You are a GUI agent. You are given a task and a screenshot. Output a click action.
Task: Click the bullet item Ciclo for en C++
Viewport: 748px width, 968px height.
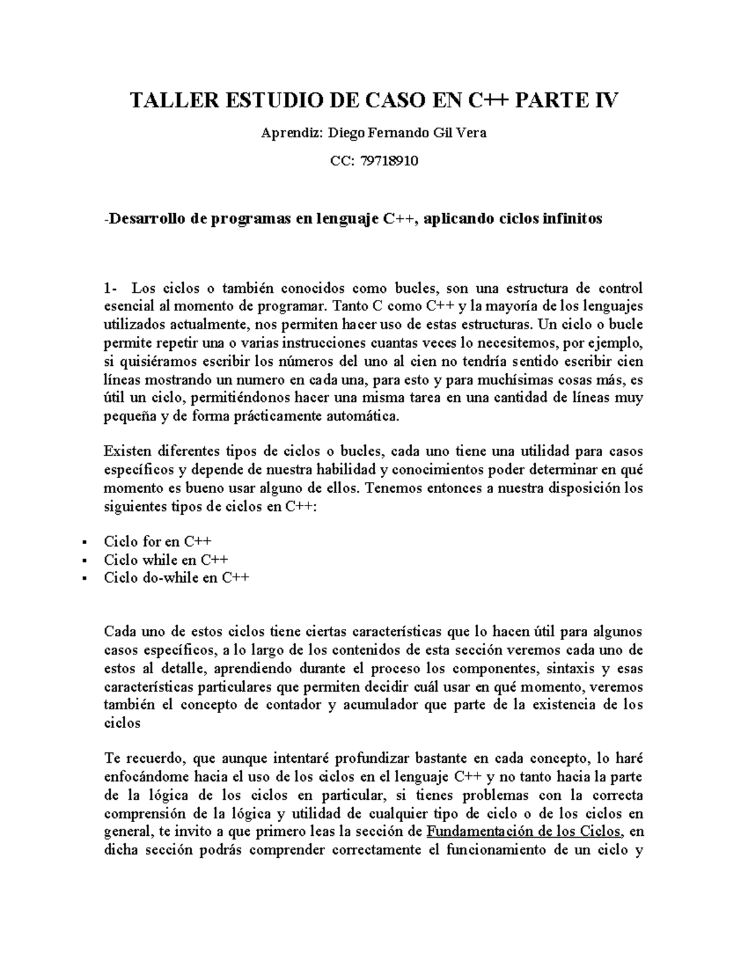pos(158,541)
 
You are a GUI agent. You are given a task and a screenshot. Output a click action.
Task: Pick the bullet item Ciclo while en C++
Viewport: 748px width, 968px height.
pos(166,559)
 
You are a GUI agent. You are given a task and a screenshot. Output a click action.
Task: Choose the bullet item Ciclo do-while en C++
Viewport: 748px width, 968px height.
pos(176,577)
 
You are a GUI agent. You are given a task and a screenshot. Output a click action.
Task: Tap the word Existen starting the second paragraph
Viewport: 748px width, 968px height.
pos(129,451)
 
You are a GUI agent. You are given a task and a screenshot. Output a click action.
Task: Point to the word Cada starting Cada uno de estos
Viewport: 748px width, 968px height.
pos(120,631)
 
